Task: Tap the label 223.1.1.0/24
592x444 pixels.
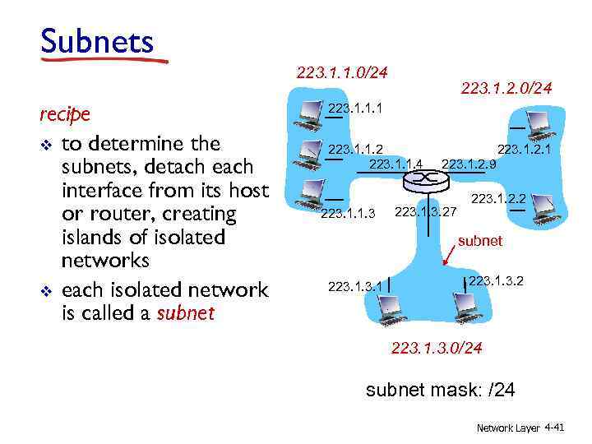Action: point(342,73)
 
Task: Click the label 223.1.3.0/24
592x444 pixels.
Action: point(437,348)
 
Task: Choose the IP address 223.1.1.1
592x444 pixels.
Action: point(355,108)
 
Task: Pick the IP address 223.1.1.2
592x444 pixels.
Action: point(355,149)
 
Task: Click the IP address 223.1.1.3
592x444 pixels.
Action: point(347,214)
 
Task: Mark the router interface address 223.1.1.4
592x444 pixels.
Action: point(396,164)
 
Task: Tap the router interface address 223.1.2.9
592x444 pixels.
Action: point(469,164)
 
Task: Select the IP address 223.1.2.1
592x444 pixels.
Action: point(524,149)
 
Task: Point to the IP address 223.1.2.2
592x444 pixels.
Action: point(497,198)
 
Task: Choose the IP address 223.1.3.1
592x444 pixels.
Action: point(355,286)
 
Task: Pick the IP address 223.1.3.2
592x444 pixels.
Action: point(496,281)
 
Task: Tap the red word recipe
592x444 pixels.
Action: point(65,113)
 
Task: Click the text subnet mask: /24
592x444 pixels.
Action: point(440,389)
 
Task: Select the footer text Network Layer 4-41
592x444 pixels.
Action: point(520,428)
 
